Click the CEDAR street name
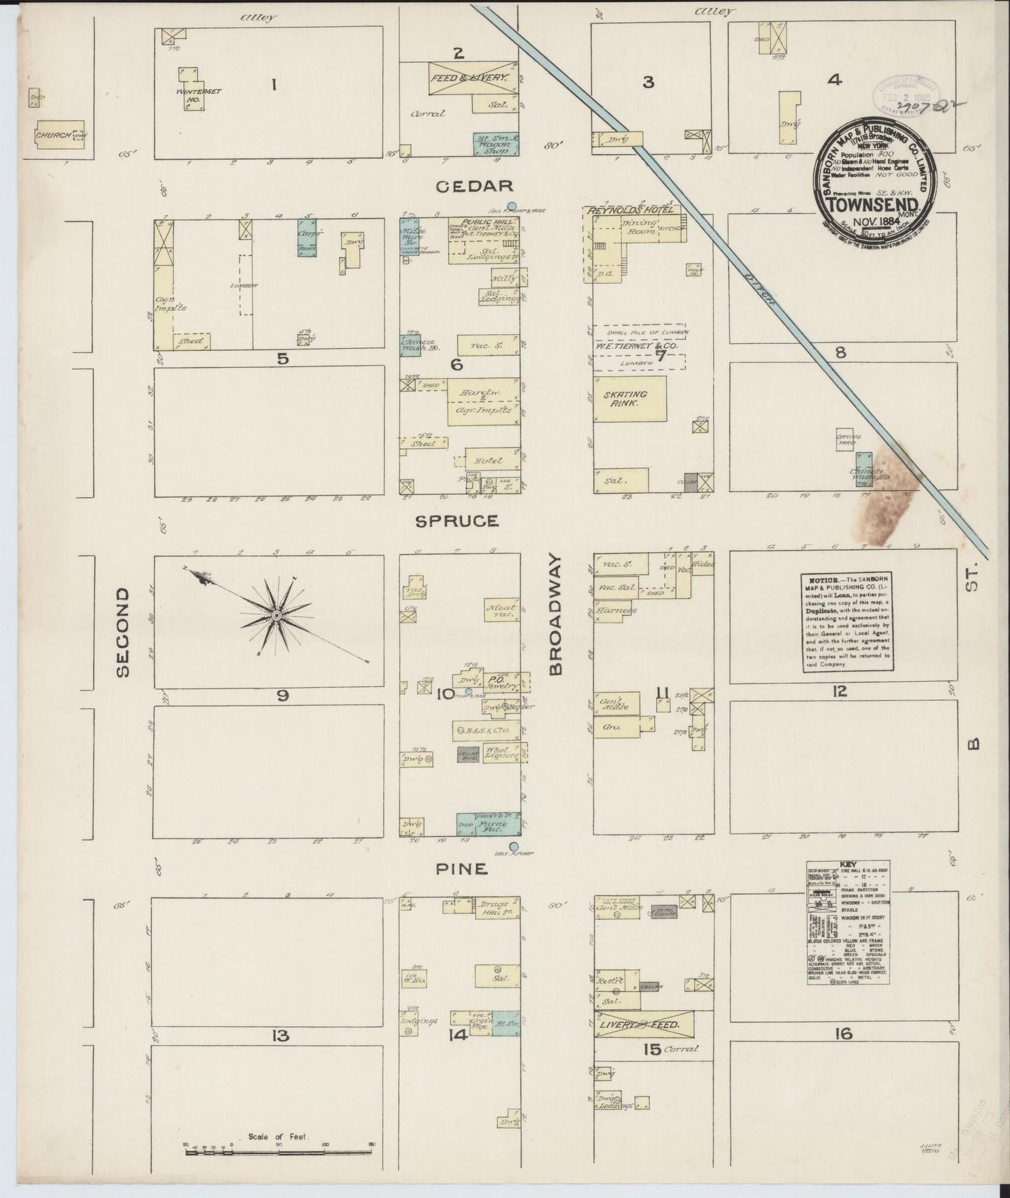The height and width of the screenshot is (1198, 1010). [x=475, y=186]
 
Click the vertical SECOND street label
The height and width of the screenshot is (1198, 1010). [x=123, y=633]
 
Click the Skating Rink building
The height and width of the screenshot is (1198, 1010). [x=629, y=399]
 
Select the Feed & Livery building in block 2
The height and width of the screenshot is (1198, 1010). [x=472, y=79]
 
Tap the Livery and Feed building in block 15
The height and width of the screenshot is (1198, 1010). [x=643, y=1025]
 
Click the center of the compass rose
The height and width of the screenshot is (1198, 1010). [x=276, y=615]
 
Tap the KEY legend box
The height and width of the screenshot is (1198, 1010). [x=848, y=923]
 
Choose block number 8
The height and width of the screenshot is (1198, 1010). [x=840, y=353]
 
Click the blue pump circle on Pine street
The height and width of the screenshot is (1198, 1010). [x=514, y=847]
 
